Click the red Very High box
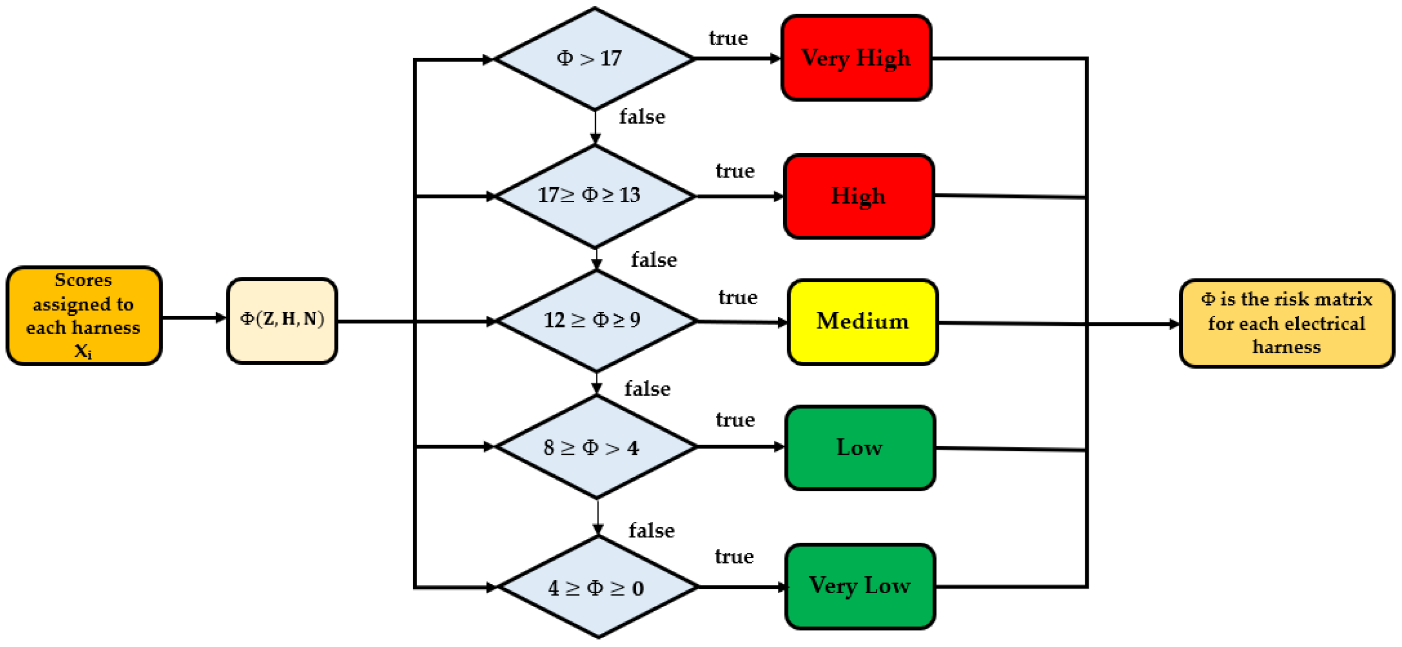855,58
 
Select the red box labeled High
858,196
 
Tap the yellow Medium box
862,322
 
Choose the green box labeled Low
859,447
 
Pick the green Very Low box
859,586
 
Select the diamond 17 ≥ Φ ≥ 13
595,196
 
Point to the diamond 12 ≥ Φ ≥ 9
596,321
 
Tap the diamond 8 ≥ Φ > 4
596,447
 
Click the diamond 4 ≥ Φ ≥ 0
597,587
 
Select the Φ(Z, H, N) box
282,320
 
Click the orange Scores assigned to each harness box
84,316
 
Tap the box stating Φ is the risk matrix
1286,323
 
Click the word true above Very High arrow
727,38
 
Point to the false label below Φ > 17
642,117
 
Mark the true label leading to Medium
738,297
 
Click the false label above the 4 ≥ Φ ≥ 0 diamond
651,531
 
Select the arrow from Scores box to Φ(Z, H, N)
193,317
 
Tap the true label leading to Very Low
734,556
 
